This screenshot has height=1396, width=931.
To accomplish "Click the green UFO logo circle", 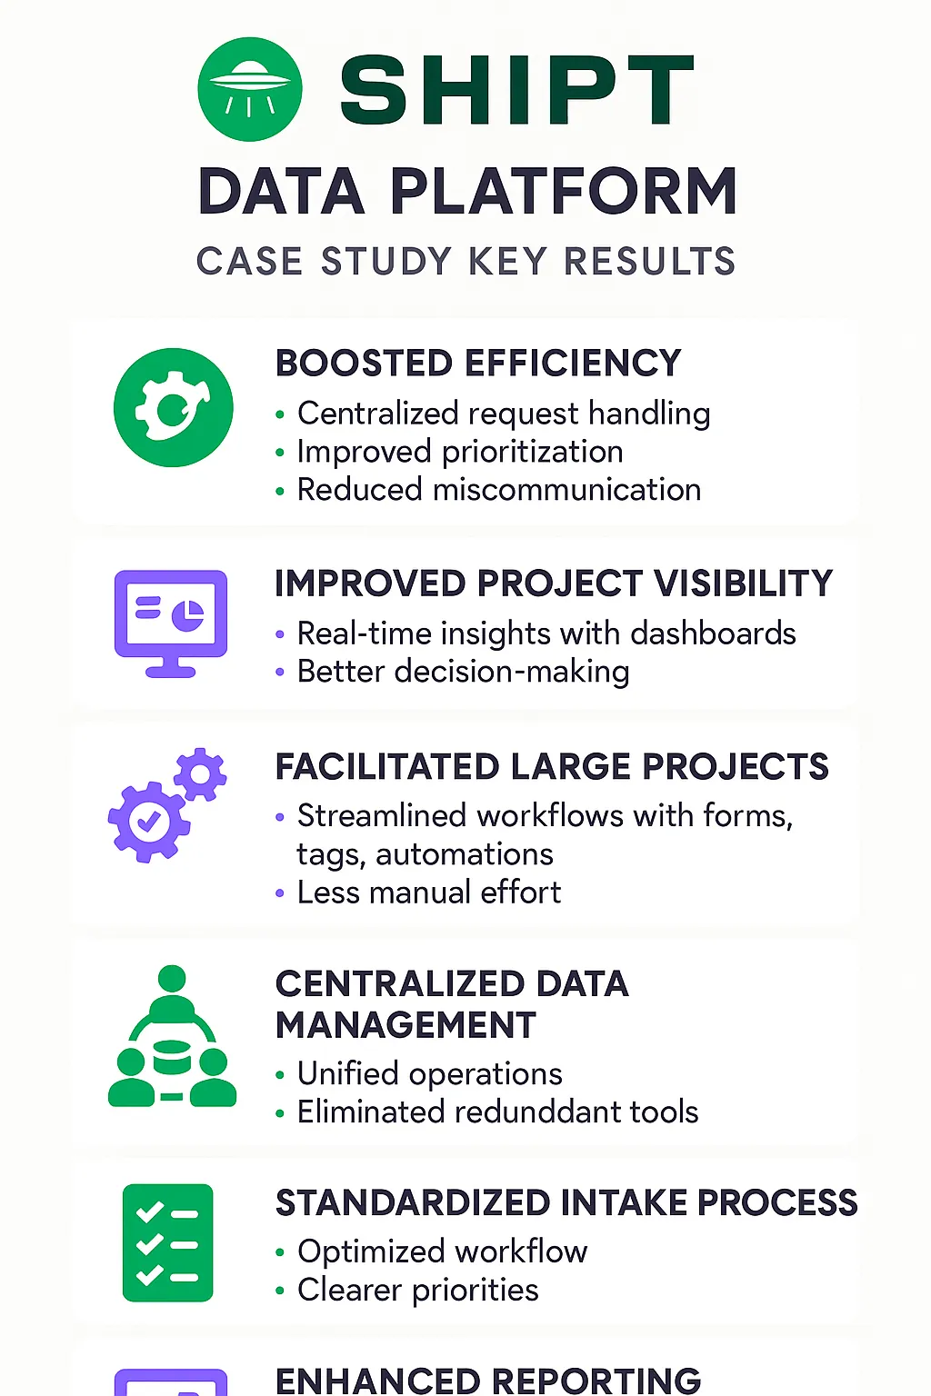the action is click(x=250, y=89).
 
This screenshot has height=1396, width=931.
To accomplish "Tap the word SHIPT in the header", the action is click(x=517, y=89).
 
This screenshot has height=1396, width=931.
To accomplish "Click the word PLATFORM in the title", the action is click(x=565, y=192).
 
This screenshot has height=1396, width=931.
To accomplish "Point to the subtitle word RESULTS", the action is click(x=650, y=261).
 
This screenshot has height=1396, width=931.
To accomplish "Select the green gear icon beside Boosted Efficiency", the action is click(x=174, y=407).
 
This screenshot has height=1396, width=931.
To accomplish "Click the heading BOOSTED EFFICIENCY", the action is click(x=478, y=363).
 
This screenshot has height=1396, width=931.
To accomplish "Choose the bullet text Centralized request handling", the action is click(x=504, y=414).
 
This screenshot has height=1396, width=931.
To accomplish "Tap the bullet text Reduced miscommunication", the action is click(x=499, y=489).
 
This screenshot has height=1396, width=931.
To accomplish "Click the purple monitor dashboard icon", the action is click(x=171, y=623).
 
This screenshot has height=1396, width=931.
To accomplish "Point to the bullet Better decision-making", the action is click(x=464, y=672).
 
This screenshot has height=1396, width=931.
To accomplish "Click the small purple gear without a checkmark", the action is click(x=200, y=774).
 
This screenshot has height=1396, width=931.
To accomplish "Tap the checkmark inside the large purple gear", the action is click(x=149, y=822).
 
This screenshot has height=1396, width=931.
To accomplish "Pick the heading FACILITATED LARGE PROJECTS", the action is click(x=552, y=766).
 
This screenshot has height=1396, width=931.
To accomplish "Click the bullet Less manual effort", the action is click(x=429, y=892).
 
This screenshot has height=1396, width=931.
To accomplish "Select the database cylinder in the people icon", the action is click(x=172, y=1057).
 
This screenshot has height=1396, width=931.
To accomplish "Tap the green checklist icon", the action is click(x=167, y=1242).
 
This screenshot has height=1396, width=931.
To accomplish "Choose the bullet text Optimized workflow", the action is click(x=442, y=1251).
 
